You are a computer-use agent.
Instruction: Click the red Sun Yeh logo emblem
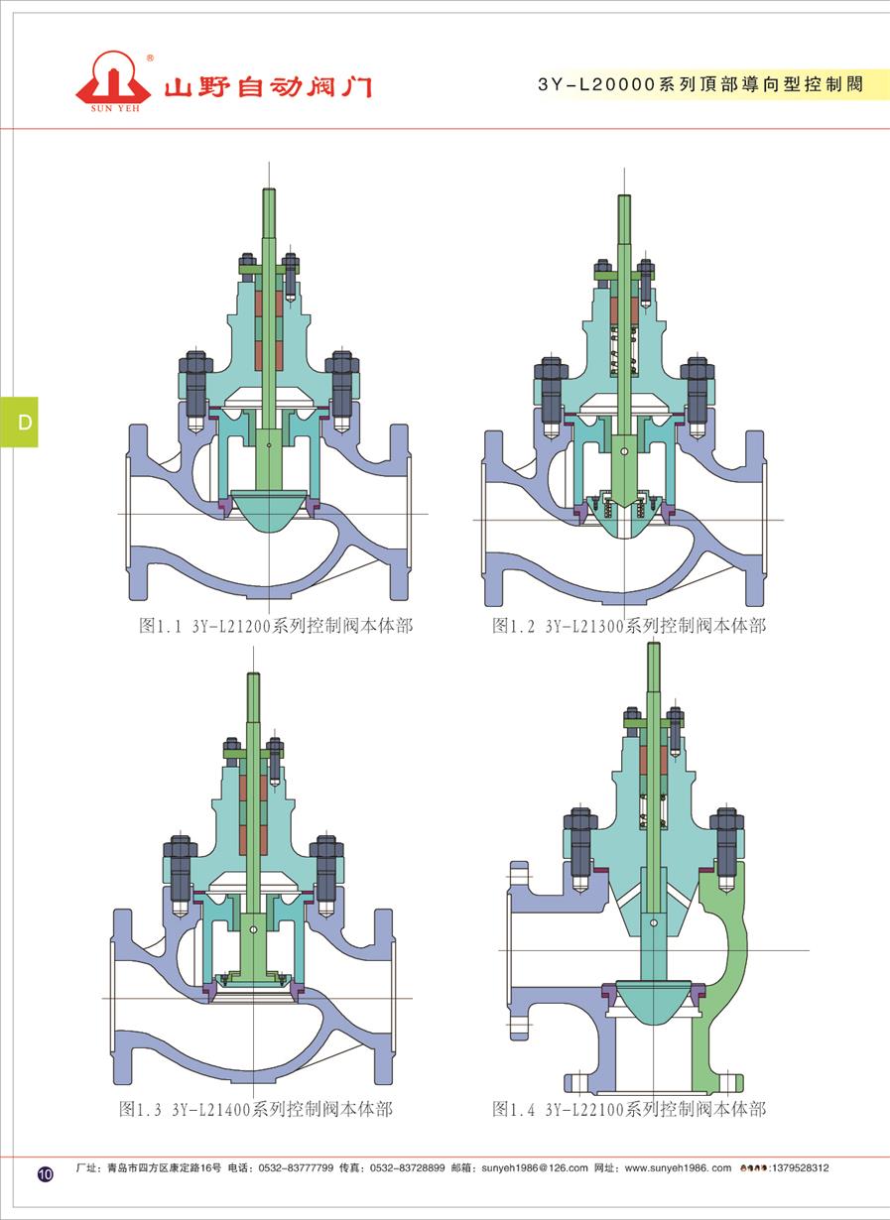point(113,79)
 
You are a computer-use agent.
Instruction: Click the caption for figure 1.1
point(276,626)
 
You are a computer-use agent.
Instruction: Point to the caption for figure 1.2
point(629,626)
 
